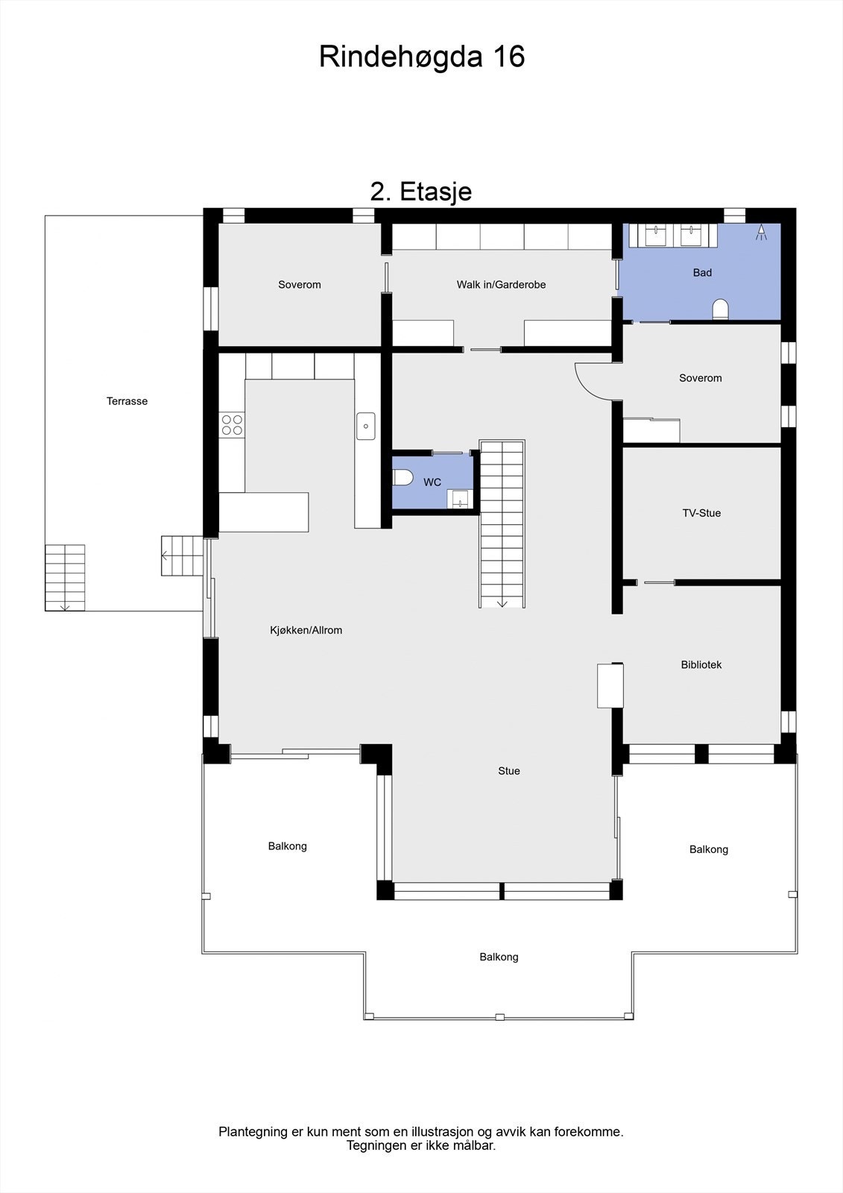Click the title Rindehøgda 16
coord(422,57)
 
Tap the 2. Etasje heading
coord(421,192)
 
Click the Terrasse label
coord(127,401)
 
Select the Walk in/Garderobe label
coord(501,285)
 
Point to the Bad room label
coord(702,273)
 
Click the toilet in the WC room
coord(402,477)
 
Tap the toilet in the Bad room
coord(720,309)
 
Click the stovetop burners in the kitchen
coord(232,425)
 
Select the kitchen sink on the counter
coord(366,426)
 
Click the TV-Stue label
coord(701,513)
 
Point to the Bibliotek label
coord(701,665)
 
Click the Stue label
coord(509,771)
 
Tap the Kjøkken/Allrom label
coord(306,631)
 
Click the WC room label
coord(432,482)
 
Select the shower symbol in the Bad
coord(761,232)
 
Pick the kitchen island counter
coord(264,511)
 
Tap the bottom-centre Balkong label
coord(499,957)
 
